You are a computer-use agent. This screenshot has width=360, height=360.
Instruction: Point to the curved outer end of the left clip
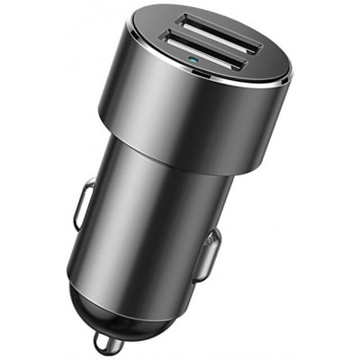[x=76, y=207]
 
